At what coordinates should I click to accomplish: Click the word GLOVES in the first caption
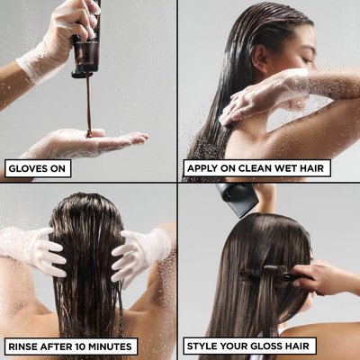tap(28, 168)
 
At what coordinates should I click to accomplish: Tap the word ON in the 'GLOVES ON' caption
tap(58, 168)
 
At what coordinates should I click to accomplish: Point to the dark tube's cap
tap(82, 74)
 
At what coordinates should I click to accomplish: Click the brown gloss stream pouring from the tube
tap(89, 105)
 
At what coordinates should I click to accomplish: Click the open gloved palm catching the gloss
tap(87, 142)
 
